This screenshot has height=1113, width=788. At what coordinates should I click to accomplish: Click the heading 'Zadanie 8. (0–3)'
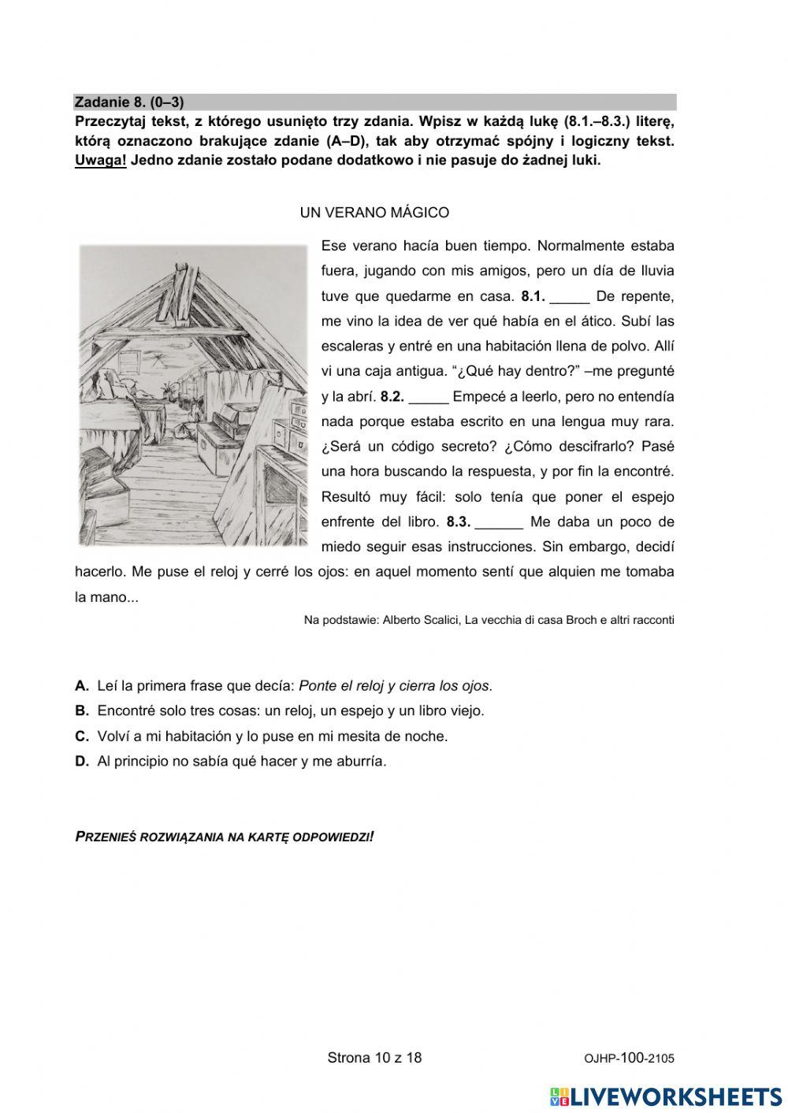click(129, 102)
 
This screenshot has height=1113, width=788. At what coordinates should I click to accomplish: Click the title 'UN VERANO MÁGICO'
click(374, 213)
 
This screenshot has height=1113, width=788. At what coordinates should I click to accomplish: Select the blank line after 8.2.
click(429, 398)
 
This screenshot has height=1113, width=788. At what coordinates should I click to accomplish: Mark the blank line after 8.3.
click(500, 523)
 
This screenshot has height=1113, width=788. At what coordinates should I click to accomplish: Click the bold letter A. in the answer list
click(82, 686)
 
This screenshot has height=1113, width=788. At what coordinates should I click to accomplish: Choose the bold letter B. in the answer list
click(82, 711)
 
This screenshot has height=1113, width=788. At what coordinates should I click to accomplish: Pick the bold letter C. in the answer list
click(82, 736)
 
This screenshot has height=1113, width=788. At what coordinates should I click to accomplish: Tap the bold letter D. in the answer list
click(82, 762)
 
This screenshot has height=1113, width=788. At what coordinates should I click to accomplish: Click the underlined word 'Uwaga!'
click(100, 161)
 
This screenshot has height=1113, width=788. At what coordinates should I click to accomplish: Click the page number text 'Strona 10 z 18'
click(374, 1058)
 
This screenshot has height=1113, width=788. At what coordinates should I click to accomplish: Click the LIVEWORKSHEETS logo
click(666, 1096)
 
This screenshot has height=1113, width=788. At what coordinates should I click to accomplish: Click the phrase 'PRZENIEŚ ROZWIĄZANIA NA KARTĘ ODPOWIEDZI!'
click(224, 837)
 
